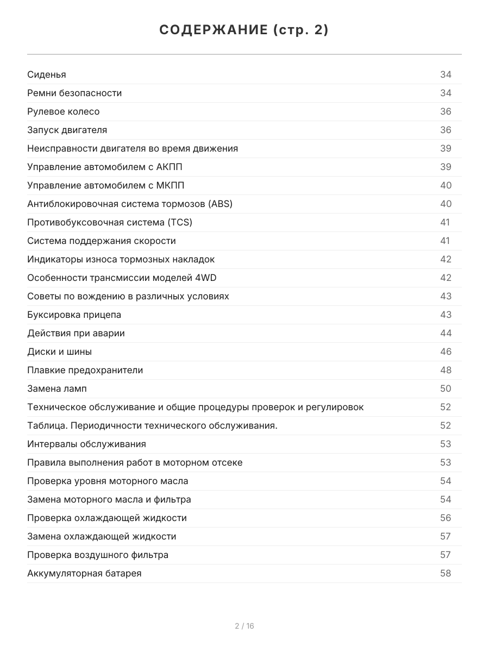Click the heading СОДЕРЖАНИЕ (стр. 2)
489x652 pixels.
click(244, 30)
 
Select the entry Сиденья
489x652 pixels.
click(47, 74)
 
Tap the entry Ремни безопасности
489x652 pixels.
click(74, 93)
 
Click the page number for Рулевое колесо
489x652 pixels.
click(446, 111)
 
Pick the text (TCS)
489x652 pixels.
click(180, 222)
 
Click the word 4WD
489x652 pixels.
click(205, 278)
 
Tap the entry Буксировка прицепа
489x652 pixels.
click(74, 315)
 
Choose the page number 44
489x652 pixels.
click(446, 333)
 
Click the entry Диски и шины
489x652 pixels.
click(59, 352)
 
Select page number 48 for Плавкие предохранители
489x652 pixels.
click(446, 370)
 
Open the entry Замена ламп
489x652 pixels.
click(57, 388)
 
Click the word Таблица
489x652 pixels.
click(47, 425)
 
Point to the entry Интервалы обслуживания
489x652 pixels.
click(86, 444)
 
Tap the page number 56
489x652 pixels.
click(446, 518)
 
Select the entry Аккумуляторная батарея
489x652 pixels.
click(84, 573)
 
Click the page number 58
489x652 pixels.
click(446, 573)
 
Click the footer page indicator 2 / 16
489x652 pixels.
click(244, 626)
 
